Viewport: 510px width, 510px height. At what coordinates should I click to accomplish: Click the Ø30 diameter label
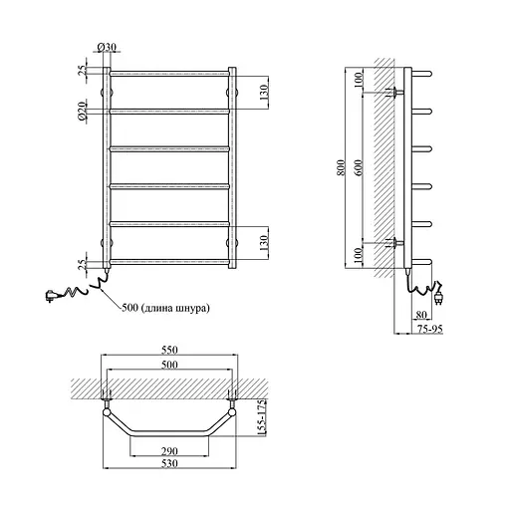point(107,48)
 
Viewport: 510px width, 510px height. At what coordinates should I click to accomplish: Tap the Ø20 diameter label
point(82,112)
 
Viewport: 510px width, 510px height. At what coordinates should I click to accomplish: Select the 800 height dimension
point(341,168)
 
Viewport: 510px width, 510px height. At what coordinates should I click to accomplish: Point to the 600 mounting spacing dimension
point(359,168)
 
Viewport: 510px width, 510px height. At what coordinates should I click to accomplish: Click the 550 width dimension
point(169,350)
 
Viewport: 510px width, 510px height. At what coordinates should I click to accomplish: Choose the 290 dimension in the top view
point(169,451)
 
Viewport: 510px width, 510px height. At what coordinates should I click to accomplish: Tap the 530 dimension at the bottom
point(169,463)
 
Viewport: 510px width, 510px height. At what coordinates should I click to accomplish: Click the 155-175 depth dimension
point(262,417)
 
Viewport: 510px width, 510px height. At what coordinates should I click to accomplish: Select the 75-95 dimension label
point(430,329)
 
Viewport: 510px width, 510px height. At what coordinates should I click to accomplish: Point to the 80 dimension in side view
point(421,314)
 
